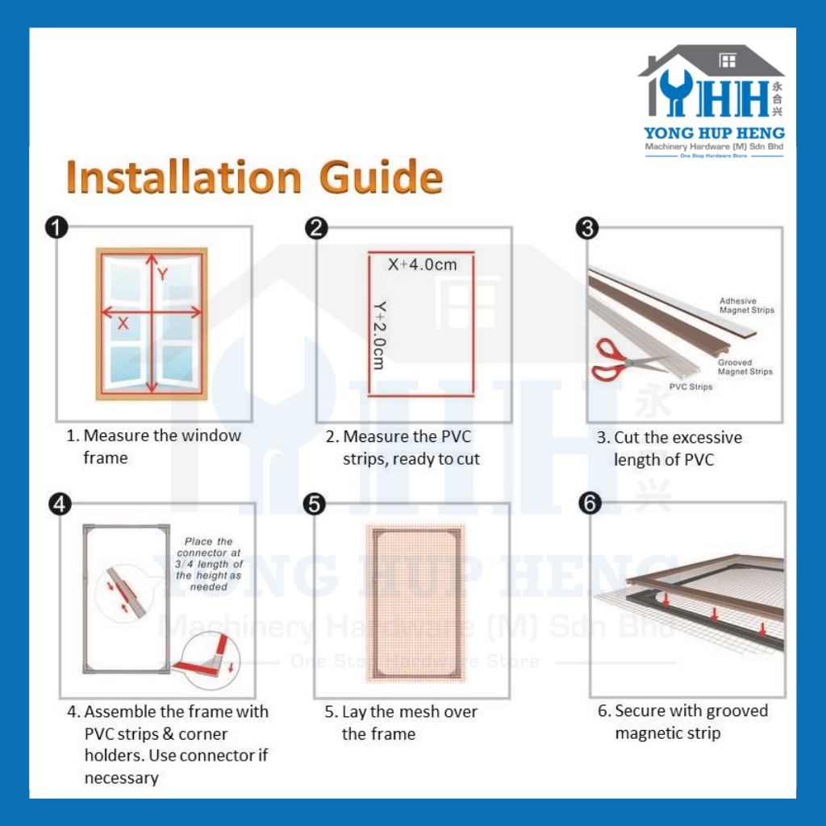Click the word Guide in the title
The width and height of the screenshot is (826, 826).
tap(381, 177)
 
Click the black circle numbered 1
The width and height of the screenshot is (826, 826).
tap(56, 227)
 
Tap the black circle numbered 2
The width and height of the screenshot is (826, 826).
tap(316, 228)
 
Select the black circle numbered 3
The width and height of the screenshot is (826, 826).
tap(587, 228)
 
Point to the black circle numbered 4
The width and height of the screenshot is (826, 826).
tap(60, 503)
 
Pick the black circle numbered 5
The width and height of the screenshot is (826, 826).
tap(314, 503)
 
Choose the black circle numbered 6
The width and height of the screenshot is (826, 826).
tap(590, 503)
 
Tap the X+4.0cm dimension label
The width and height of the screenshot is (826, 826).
tap(423, 265)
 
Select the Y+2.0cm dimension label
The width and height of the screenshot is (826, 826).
tap(379, 335)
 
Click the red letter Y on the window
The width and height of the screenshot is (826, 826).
tap(162, 274)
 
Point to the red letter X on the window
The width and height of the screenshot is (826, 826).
tap(123, 323)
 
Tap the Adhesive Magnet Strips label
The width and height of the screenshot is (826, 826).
tap(746, 306)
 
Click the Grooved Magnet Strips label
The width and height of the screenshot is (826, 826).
tap(745, 367)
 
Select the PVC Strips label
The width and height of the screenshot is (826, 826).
tap(690, 386)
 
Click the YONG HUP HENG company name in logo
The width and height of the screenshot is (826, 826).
tap(714, 133)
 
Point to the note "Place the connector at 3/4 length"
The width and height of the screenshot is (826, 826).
tap(209, 564)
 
